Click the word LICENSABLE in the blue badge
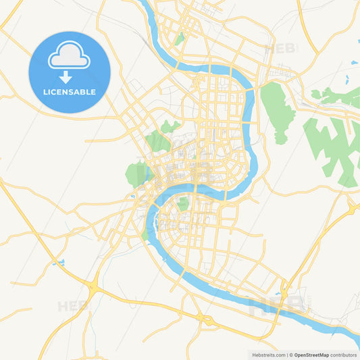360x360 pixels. [x=70, y=92]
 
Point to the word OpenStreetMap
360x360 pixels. [x=311, y=355]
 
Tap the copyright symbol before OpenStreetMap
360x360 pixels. [x=291, y=355]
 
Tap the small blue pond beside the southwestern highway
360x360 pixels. [x=60, y=262]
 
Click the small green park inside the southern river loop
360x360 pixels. [x=183, y=203]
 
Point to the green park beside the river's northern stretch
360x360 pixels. [x=179, y=39]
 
